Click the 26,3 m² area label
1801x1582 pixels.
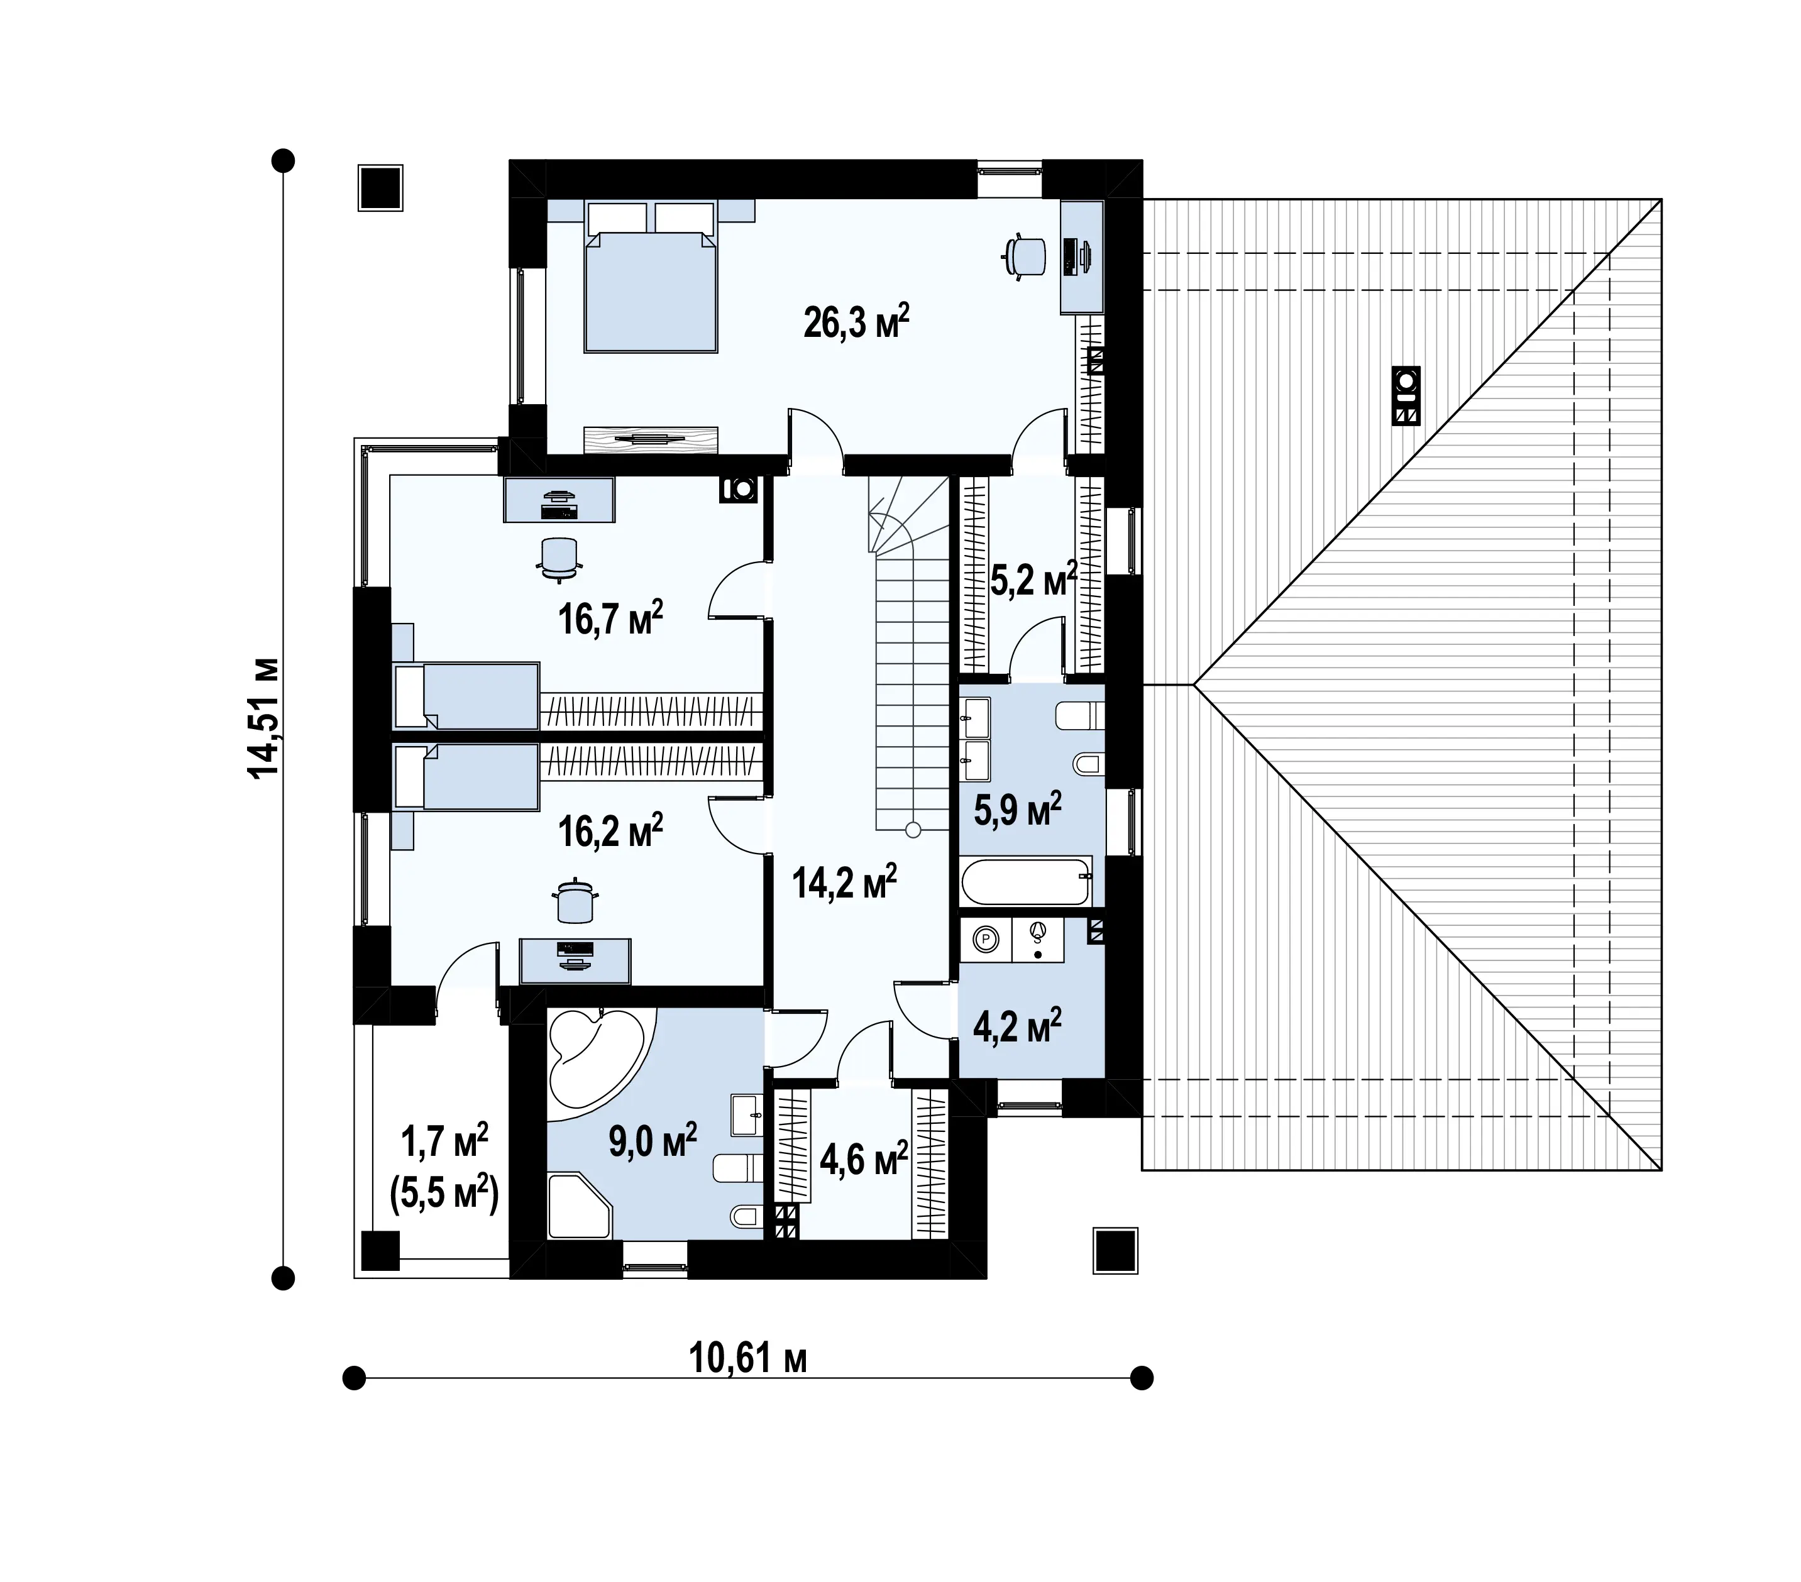(x=856, y=322)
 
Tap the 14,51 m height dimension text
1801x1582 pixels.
(x=263, y=718)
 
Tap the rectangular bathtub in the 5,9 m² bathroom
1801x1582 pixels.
(x=1027, y=881)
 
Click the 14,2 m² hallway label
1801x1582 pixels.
(x=843, y=882)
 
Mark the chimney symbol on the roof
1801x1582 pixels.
(x=1406, y=395)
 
